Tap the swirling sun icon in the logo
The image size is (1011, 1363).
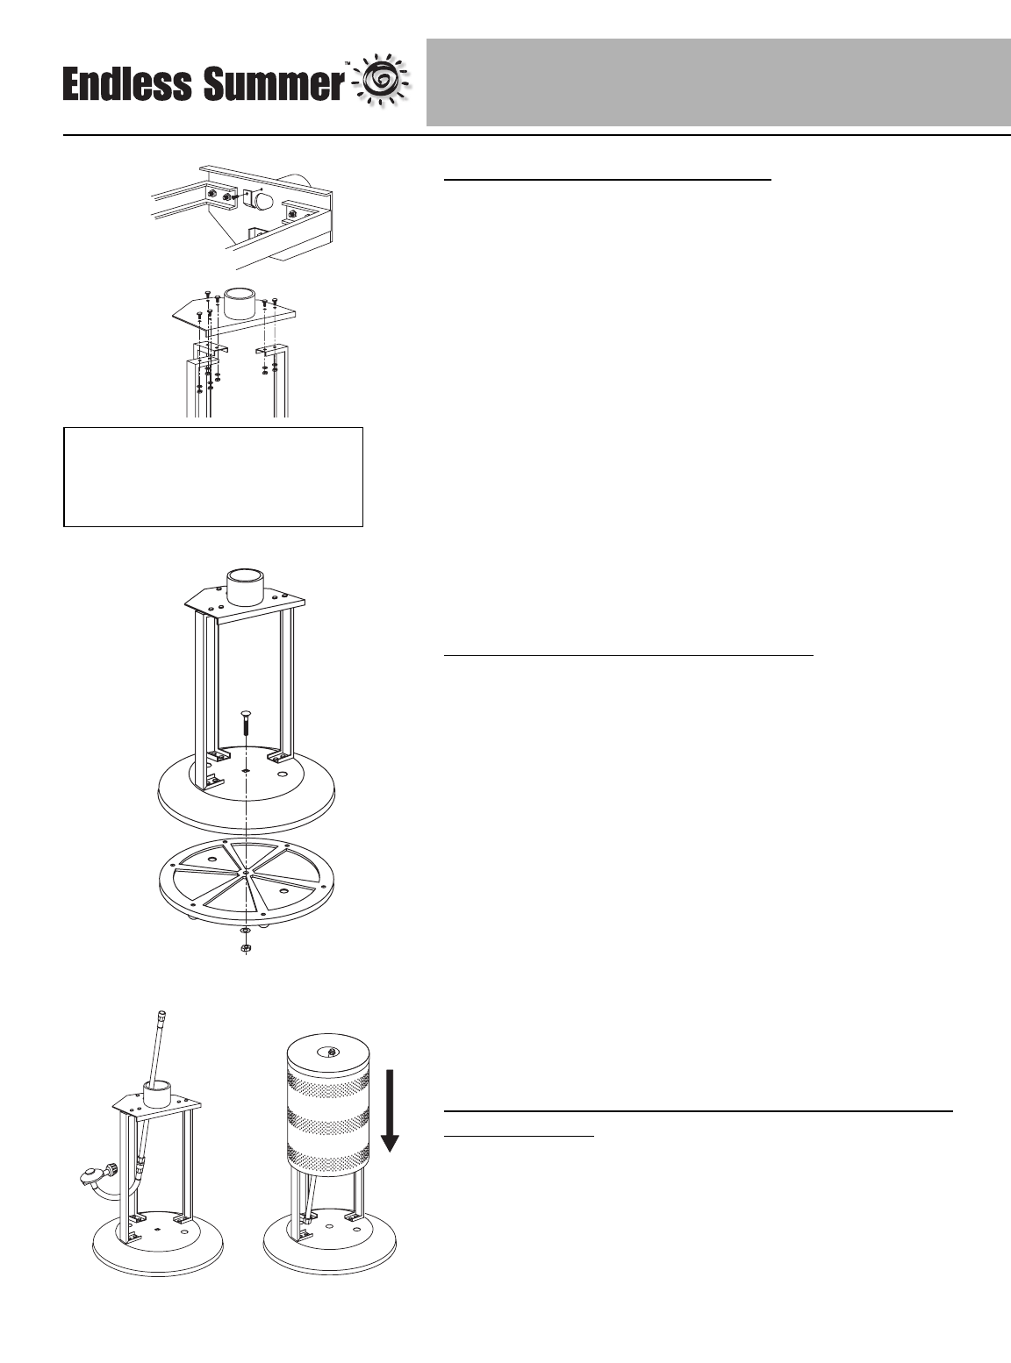(382, 82)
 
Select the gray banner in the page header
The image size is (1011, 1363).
(718, 82)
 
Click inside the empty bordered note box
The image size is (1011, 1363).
(213, 476)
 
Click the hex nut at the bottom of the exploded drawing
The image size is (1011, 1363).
(247, 949)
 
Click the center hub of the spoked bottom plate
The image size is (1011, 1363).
(247, 873)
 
